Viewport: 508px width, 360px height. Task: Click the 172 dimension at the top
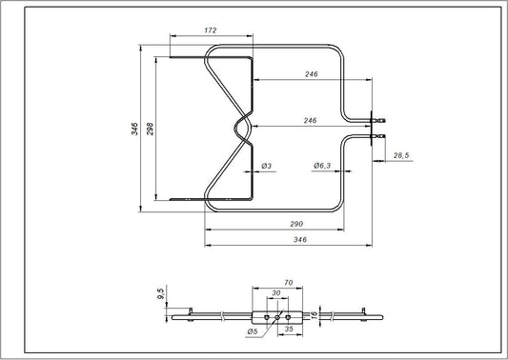[211, 31]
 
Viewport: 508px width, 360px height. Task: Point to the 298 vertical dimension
[152, 128]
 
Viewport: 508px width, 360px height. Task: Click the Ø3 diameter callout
[268, 166]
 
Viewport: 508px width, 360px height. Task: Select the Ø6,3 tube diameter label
[321, 166]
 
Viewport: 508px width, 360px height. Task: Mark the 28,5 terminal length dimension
[399, 155]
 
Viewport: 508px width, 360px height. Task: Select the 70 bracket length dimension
[287, 284]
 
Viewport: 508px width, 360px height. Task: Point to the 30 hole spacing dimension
[277, 294]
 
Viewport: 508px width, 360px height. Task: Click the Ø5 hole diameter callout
[251, 331]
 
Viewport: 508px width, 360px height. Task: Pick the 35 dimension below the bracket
[288, 330]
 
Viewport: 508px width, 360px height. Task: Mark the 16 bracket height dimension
[326, 309]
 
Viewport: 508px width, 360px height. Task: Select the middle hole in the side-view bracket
[277, 311]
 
